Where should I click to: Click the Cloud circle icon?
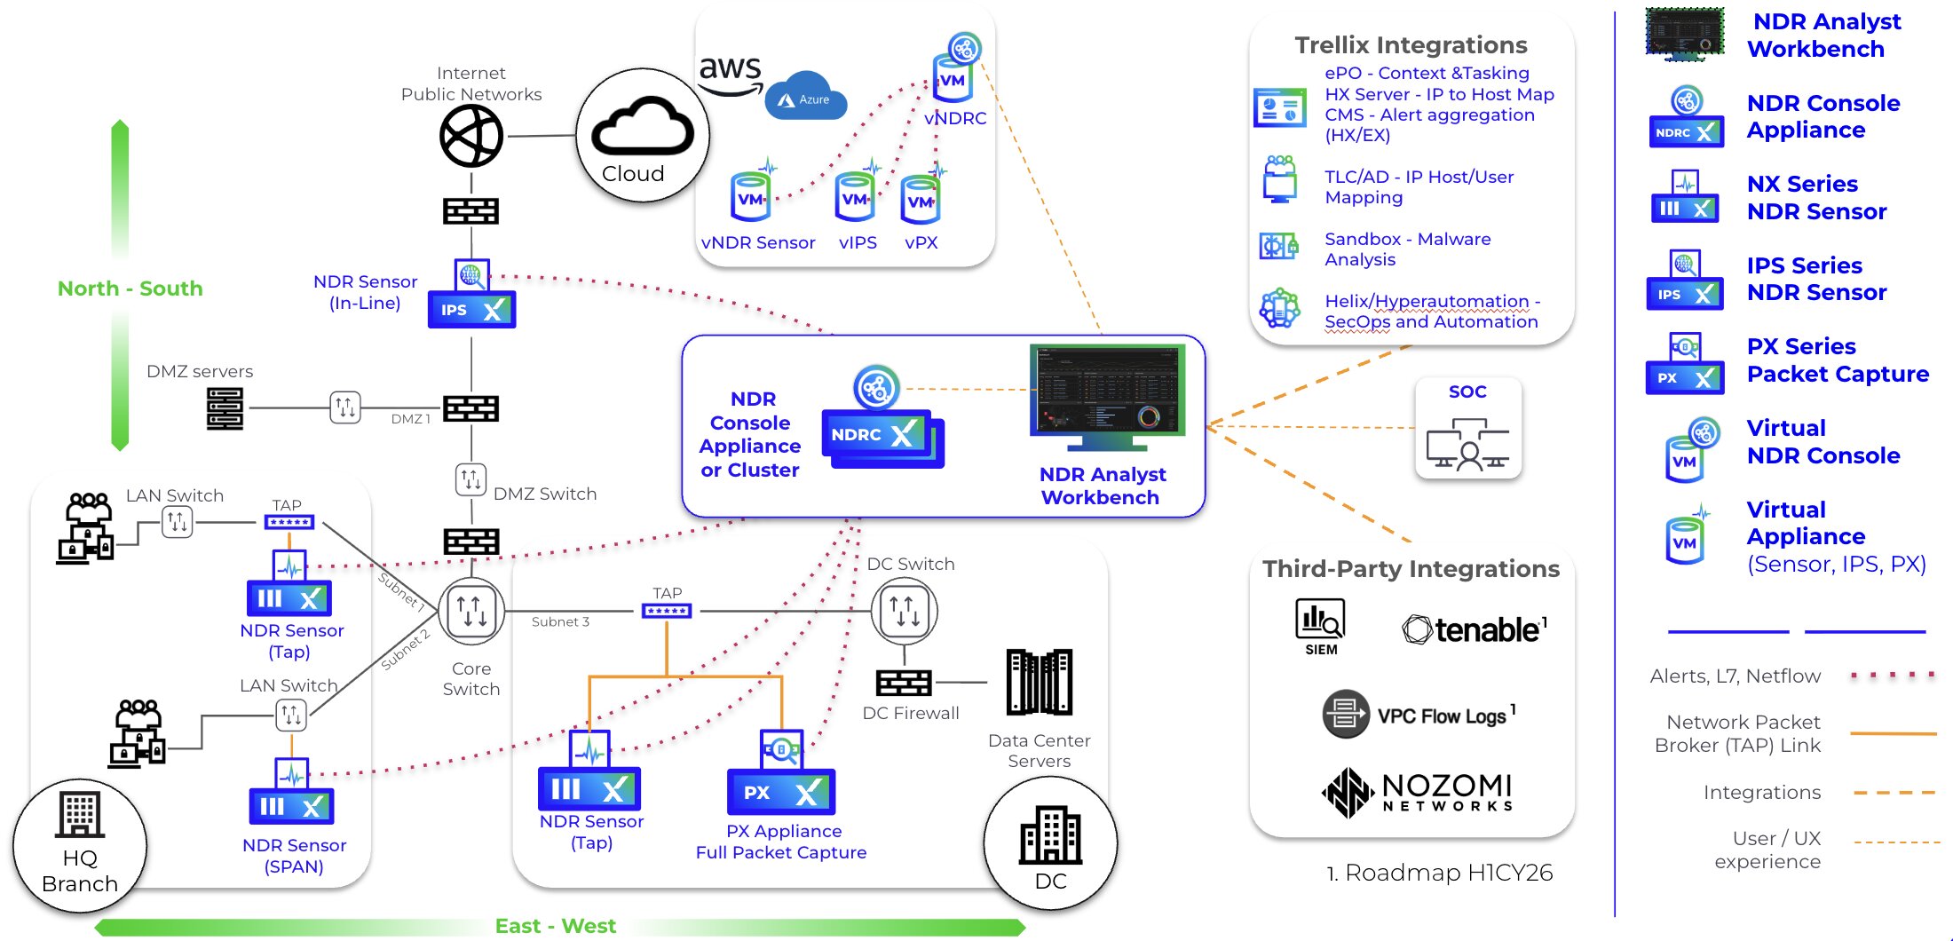click(642, 136)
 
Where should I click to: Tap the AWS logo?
click(730, 73)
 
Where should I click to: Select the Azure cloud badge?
click(806, 98)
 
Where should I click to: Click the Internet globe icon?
click(471, 136)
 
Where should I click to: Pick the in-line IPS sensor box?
click(471, 309)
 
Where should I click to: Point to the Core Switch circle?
click(471, 611)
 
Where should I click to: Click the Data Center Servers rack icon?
click(1039, 682)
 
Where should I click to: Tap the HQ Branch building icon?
click(80, 814)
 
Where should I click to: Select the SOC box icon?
click(1467, 429)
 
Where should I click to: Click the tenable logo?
click(1475, 629)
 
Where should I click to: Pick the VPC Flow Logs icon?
click(1346, 714)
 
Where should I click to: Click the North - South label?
click(130, 289)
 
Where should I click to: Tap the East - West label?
click(556, 926)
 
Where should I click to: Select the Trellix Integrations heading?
click(1411, 44)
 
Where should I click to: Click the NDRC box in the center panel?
click(877, 434)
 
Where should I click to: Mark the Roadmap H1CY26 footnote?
click(1440, 873)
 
